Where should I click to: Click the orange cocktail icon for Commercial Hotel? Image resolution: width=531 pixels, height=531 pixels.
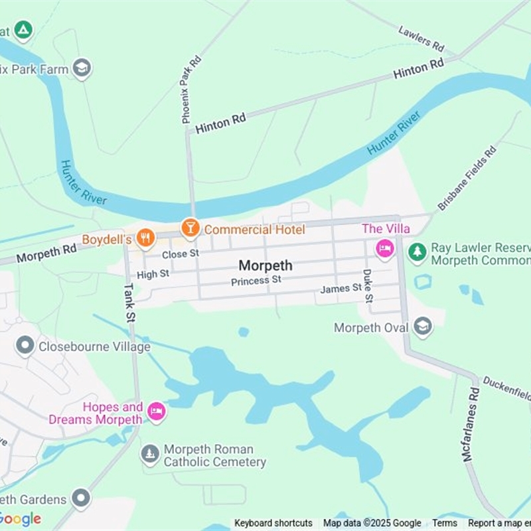click(190, 228)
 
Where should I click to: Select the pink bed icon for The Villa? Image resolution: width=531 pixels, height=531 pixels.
click(384, 250)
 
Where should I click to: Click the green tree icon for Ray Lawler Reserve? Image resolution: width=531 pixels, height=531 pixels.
click(417, 252)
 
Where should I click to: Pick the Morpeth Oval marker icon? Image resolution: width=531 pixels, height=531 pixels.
click(422, 327)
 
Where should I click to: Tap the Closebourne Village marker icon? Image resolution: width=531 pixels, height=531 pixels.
click(25, 346)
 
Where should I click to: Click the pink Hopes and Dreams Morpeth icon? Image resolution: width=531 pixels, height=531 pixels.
click(156, 412)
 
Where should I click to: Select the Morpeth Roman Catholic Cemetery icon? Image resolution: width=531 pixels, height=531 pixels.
click(150, 455)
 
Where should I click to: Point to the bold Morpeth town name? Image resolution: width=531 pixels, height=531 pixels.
click(265, 265)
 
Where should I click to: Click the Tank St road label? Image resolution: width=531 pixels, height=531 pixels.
click(129, 303)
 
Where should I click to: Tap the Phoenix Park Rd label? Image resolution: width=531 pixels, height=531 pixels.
click(191, 89)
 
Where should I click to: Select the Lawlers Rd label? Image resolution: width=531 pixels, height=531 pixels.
click(421, 39)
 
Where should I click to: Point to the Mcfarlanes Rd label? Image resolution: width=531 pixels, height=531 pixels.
click(471, 423)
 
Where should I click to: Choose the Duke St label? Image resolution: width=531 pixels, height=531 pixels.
click(367, 286)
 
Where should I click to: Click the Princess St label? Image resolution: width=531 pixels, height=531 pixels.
click(256, 281)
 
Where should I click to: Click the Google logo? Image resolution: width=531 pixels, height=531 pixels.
click(21, 518)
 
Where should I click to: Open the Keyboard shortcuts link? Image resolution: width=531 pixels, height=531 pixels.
click(273, 523)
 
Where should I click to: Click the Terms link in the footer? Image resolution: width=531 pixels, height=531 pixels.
click(445, 523)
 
